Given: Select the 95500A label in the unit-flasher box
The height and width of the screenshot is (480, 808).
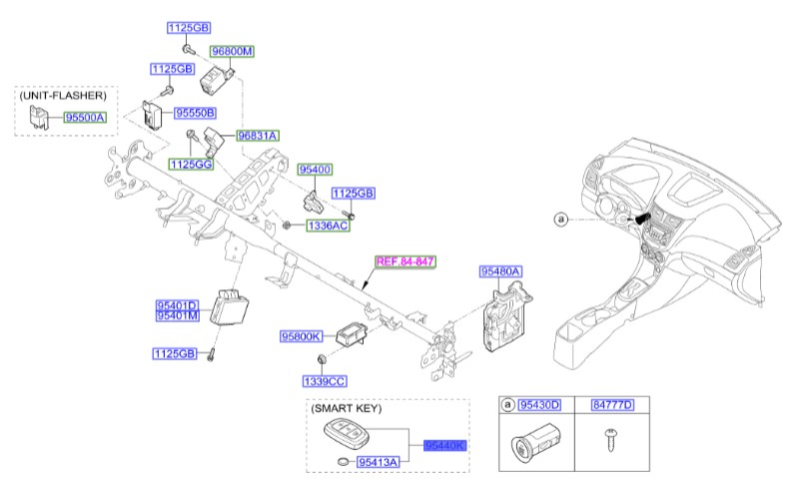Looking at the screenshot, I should [86, 118].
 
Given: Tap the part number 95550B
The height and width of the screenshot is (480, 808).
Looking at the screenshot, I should [197, 114].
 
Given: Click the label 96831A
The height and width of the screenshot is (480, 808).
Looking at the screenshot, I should [258, 135].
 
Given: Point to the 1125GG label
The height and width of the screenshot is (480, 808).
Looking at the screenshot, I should [190, 164].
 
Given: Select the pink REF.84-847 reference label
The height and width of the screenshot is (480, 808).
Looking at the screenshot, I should [405, 261].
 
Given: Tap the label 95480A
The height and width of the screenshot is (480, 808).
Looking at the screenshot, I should [500, 270].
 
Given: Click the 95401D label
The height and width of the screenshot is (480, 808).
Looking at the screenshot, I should [176, 304].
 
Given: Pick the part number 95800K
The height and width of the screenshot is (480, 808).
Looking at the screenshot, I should [301, 337].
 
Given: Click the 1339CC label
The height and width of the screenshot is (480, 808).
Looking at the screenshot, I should [325, 381].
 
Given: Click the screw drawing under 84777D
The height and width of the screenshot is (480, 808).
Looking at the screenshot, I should [608, 437].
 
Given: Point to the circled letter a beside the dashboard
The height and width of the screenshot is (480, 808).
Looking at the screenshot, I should [560, 218].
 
